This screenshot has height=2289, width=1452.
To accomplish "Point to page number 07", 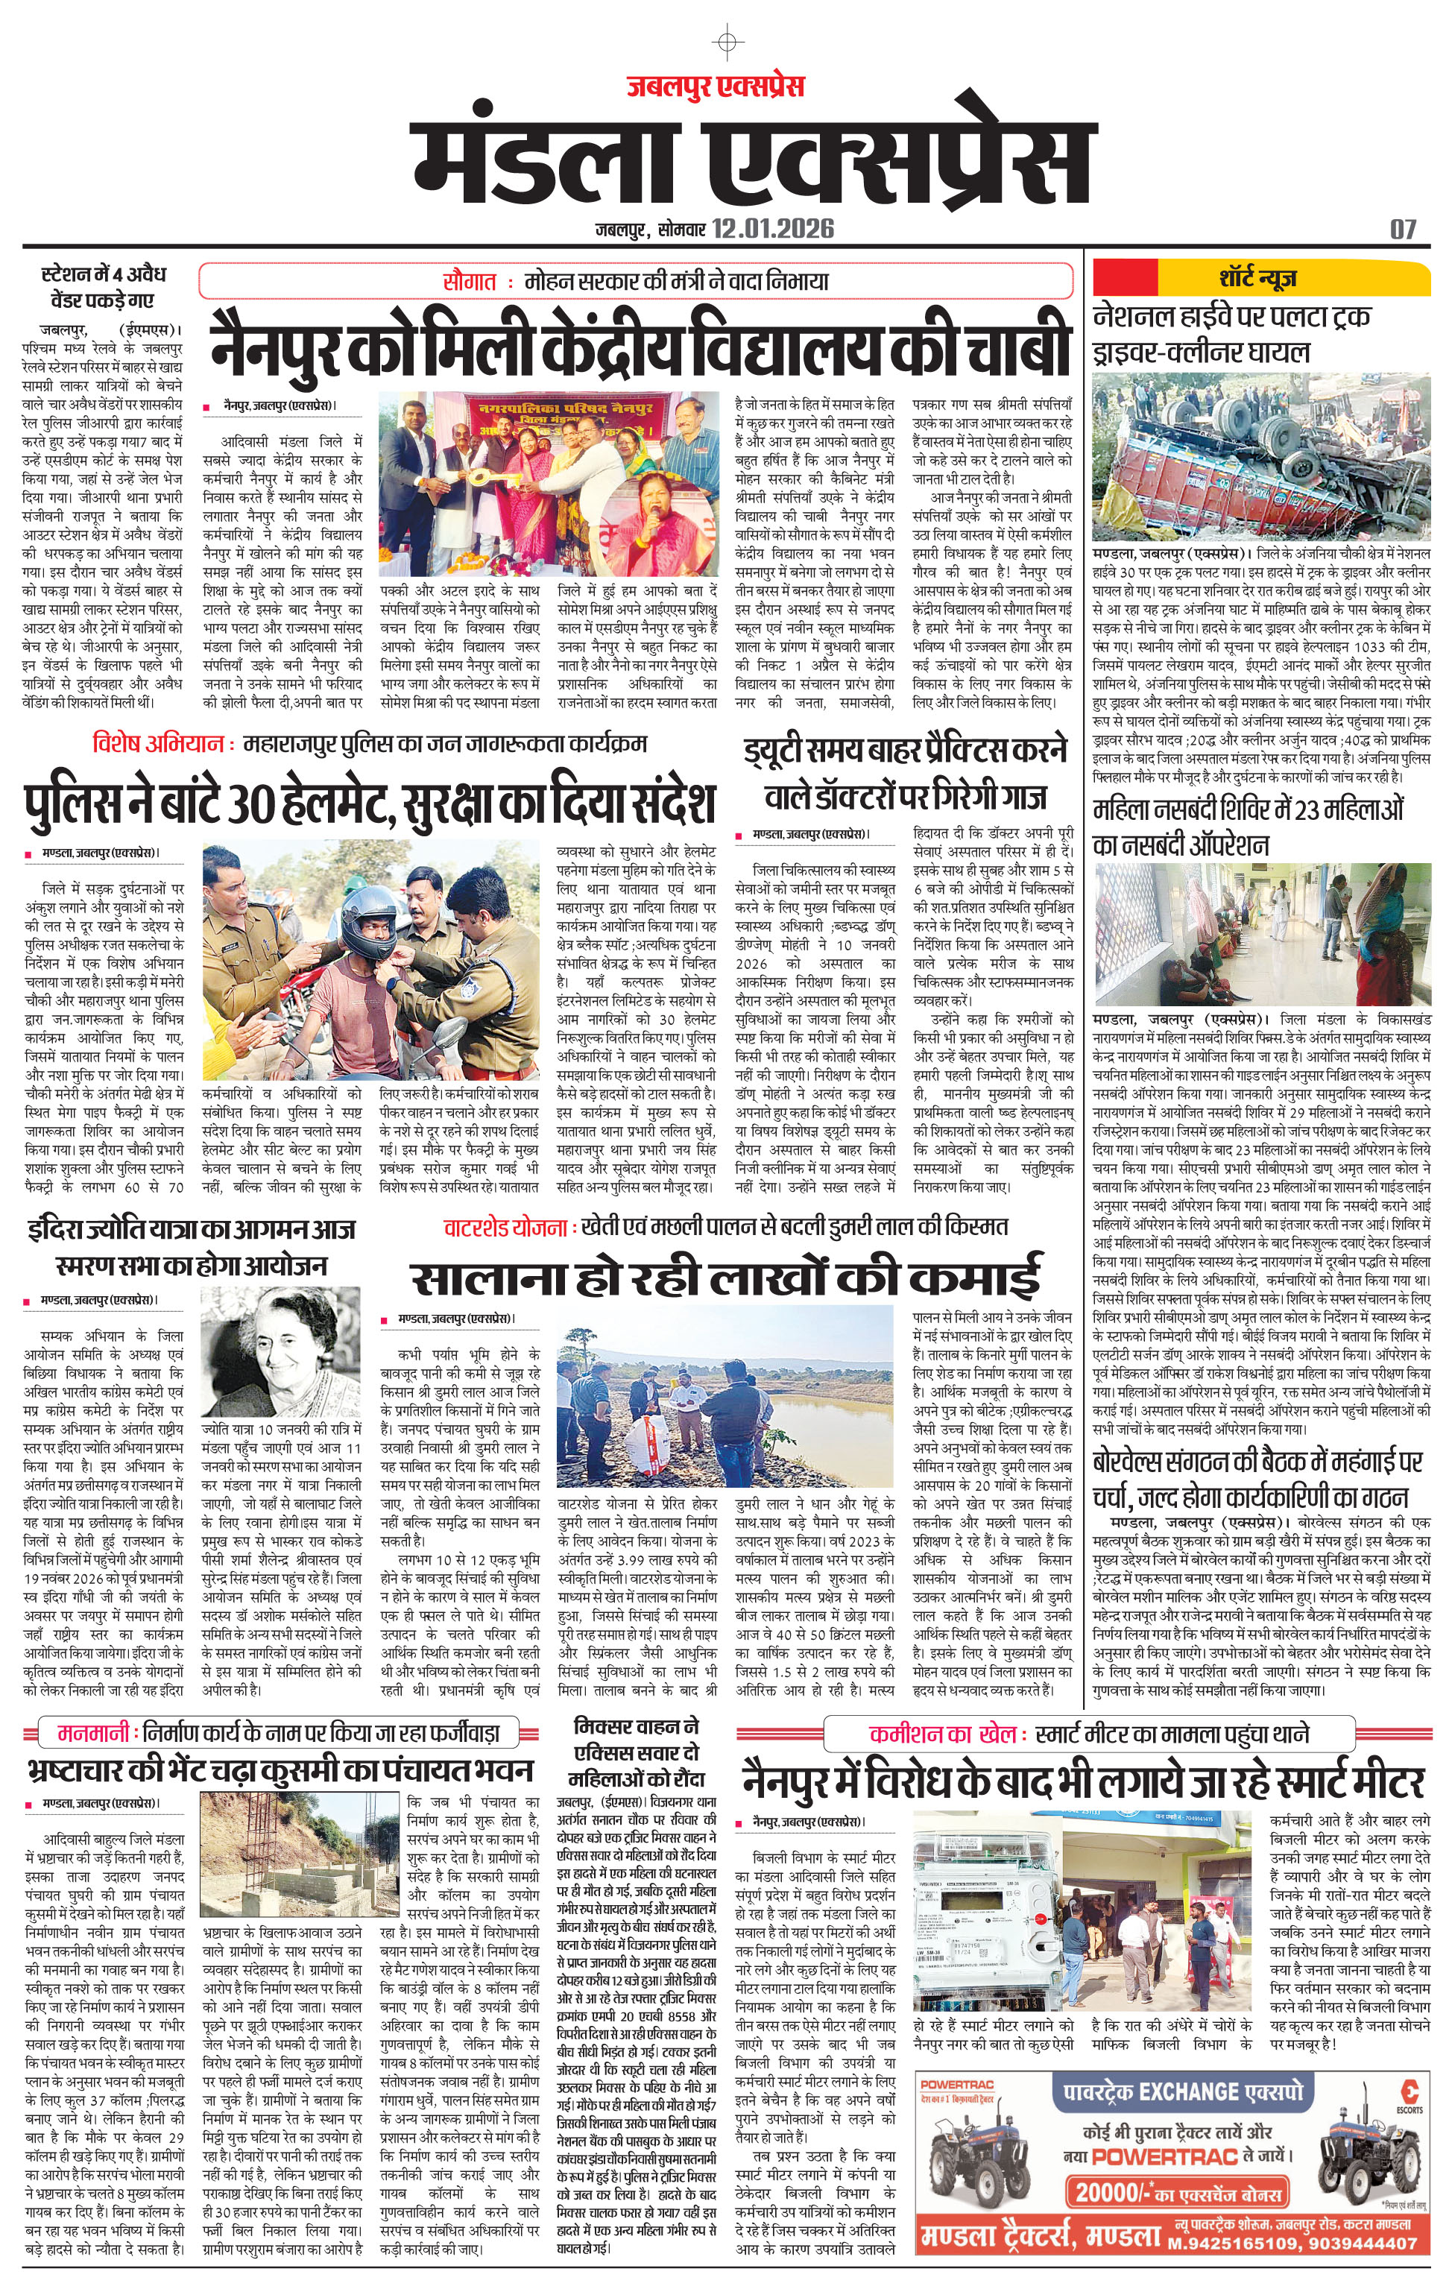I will click(1403, 229).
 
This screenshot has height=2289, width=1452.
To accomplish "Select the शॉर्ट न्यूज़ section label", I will click(1258, 279).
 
